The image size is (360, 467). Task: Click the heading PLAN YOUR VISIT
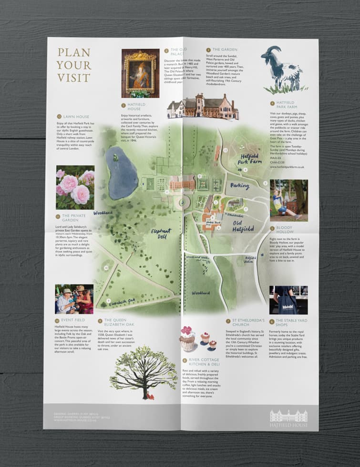click(74, 65)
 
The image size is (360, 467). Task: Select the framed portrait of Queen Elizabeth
click(140, 73)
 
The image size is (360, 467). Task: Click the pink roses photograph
click(75, 187)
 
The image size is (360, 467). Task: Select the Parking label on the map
click(240, 185)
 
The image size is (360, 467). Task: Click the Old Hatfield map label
click(243, 226)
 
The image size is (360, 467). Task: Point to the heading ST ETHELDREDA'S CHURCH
click(245, 323)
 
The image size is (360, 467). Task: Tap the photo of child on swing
click(288, 197)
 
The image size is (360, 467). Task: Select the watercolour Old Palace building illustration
click(203, 108)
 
